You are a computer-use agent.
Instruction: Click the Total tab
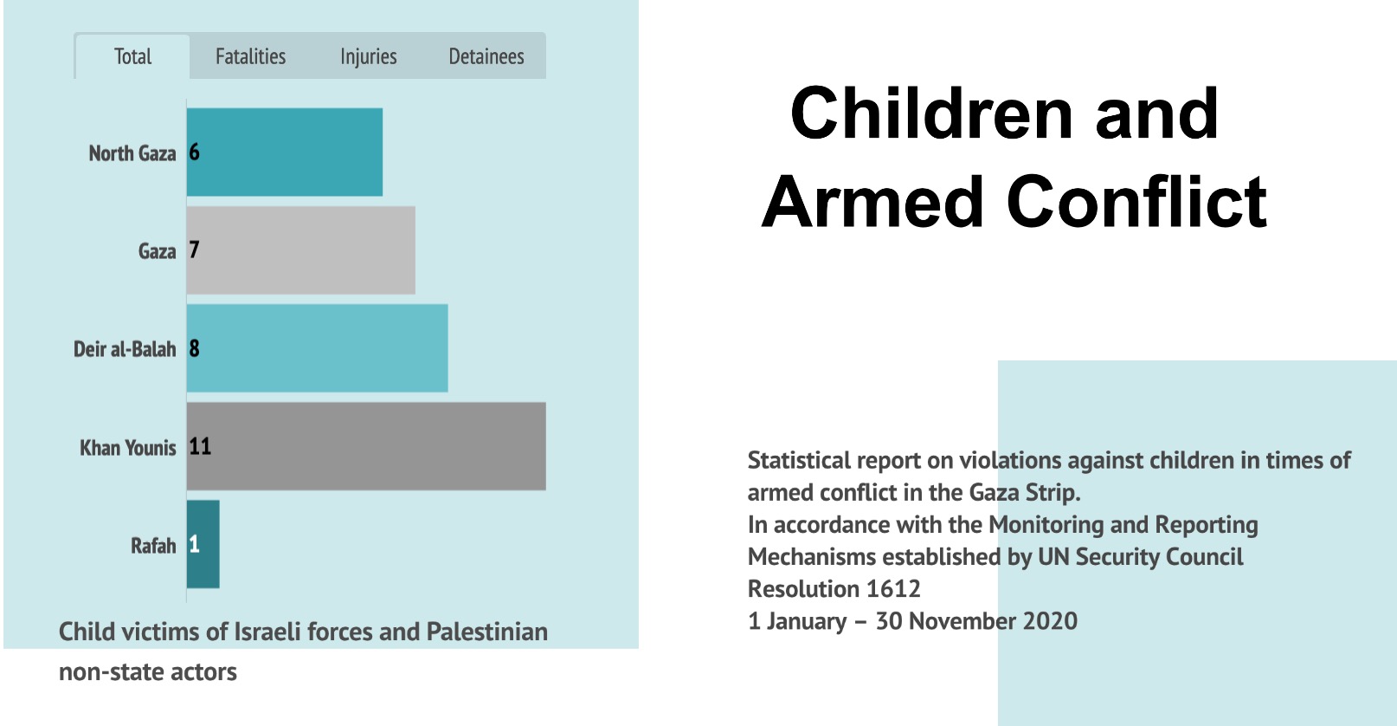pyautogui.click(x=132, y=57)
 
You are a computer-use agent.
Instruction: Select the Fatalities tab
pyautogui.click(x=250, y=57)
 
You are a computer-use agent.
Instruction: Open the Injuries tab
pyautogui.click(x=368, y=57)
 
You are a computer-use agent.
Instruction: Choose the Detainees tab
pyautogui.click(x=486, y=57)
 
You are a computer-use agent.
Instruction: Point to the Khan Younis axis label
pyautogui.click(x=127, y=448)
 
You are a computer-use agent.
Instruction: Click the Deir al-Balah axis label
pyautogui.click(x=124, y=349)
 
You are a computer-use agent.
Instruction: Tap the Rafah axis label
pyautogui.click(x=152, y=546)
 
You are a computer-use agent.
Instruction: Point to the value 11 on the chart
pyautogui.click(x=200, y=446)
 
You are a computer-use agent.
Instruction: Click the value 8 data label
pyautogui.click(x=194, y=348)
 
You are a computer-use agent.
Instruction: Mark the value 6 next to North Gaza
pyautogui.click(x=194, y=152)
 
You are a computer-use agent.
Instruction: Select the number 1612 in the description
pyautogui.click(x=893, y=589)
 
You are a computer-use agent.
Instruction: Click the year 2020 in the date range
pyautogui.click(x=1050, y=621)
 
